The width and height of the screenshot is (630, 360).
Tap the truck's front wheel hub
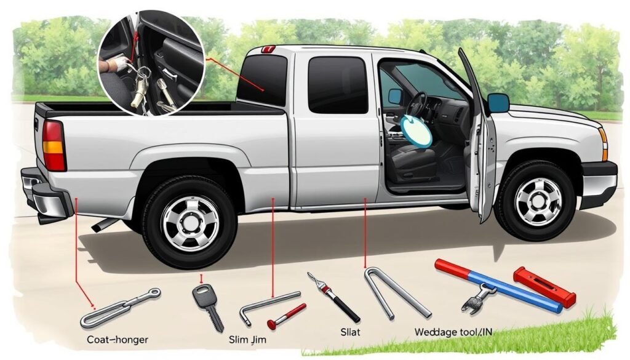point(538,201)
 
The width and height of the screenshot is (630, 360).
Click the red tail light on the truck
point(54,145)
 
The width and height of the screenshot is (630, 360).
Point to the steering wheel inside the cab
point(418,108)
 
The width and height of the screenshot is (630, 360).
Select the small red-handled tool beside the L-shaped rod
point(286,316)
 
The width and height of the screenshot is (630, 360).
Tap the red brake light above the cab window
point(268,49)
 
